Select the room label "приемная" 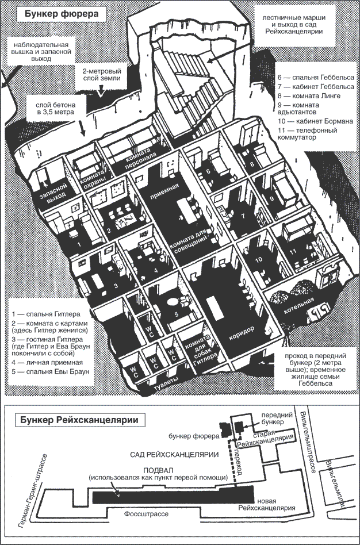[160, 196]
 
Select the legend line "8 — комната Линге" [308, 95]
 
